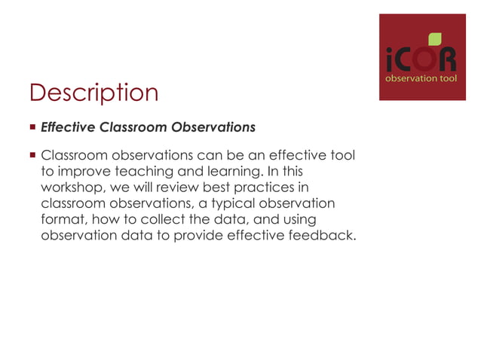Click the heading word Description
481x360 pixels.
tap(93, 93)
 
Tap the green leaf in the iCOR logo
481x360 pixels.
tap(435, 38)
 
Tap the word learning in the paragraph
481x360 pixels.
tap(213, 172)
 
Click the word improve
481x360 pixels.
tap(78, 172)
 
